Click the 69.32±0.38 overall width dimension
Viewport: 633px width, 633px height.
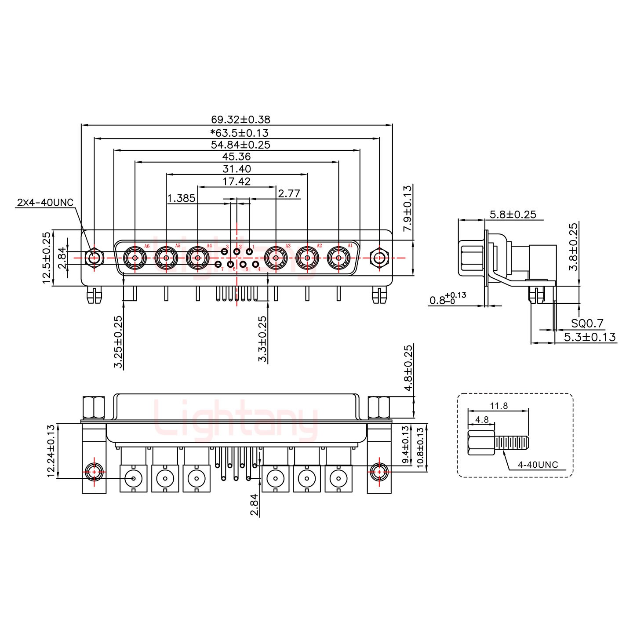tap(240, 119)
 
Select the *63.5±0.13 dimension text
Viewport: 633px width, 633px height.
tap(239, 132)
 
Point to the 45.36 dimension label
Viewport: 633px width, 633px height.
tap(236, 156)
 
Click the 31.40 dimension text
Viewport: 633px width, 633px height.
tap(236, 169)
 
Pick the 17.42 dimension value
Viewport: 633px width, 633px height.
tap(236, 181)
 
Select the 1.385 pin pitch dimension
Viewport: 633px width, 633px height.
tap(181, 198)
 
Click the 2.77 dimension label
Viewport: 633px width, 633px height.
tap(289, 193)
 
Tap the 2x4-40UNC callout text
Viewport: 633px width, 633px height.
tap(45, 203)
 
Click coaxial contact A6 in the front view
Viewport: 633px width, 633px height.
tap(135, 258)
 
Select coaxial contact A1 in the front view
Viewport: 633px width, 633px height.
tap(338, 258)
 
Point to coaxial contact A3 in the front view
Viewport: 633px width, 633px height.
tap(276, 258)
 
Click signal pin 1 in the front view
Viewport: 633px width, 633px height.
tap(249, 251)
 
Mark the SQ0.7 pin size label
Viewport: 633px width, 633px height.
tap(587, 324)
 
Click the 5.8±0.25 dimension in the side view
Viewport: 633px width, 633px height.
tap(513, 214)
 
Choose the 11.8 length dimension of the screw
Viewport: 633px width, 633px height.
tap(498, 406)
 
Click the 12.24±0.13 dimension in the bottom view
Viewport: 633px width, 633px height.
tap(51, 451)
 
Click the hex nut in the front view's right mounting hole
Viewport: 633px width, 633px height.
tap(379, 258)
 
